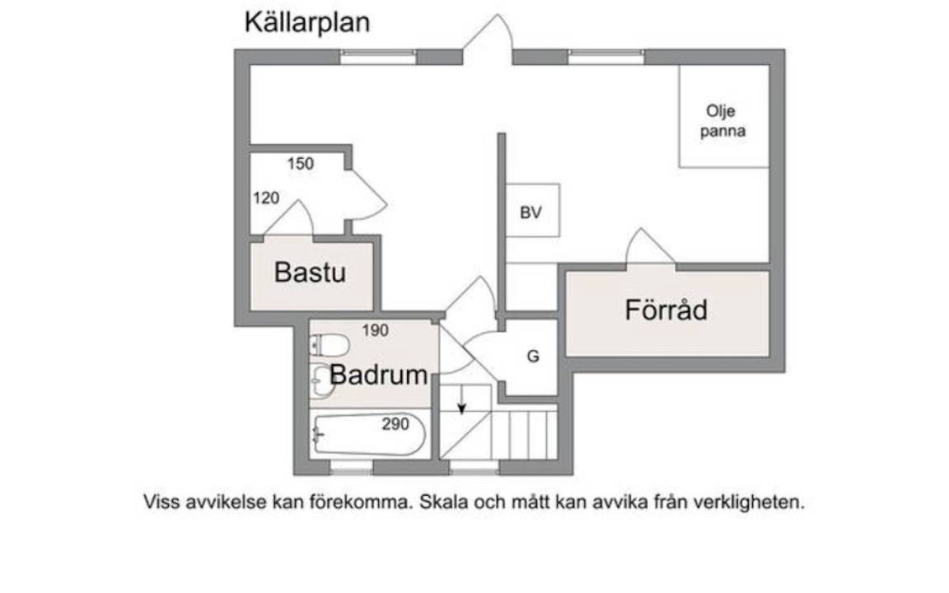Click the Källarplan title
coord(306,23)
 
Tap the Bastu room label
coord(310,273)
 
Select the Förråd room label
coord(666,310)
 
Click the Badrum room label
coord(379,376)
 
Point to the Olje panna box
coord(724,116)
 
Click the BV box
coord(533,211)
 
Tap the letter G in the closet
coord(533,357)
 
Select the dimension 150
coord(301,163)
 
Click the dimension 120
coord(266,198)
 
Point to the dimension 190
coord(376,330)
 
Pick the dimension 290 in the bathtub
coord(395,424)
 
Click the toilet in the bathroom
coord(330,346)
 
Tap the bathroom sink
coord(322,381)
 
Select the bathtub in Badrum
coord(368,435)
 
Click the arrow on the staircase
coord(462,400)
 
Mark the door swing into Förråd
coord(650,246)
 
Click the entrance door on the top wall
coord(488,39)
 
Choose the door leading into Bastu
coord(288,217)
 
